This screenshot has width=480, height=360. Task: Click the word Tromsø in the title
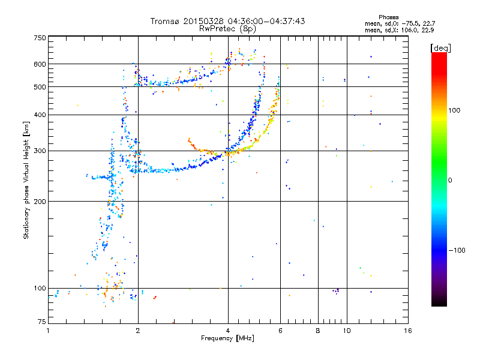tap(164, 21)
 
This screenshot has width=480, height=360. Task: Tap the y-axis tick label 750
tap(40, 37)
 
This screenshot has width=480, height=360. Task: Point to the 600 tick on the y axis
tap(40, 64)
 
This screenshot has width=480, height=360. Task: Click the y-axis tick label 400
tap(40, 115)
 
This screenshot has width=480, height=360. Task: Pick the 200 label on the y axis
tap(40, 201)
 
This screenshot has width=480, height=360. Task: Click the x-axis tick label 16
tap(407, 331)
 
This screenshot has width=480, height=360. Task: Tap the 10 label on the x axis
tap(347, 331)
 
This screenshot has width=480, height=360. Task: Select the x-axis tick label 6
tap(280, 331)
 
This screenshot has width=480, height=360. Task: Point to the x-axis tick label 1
tap(49, 331)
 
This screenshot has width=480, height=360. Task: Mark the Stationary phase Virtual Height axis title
tap(26, 180)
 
